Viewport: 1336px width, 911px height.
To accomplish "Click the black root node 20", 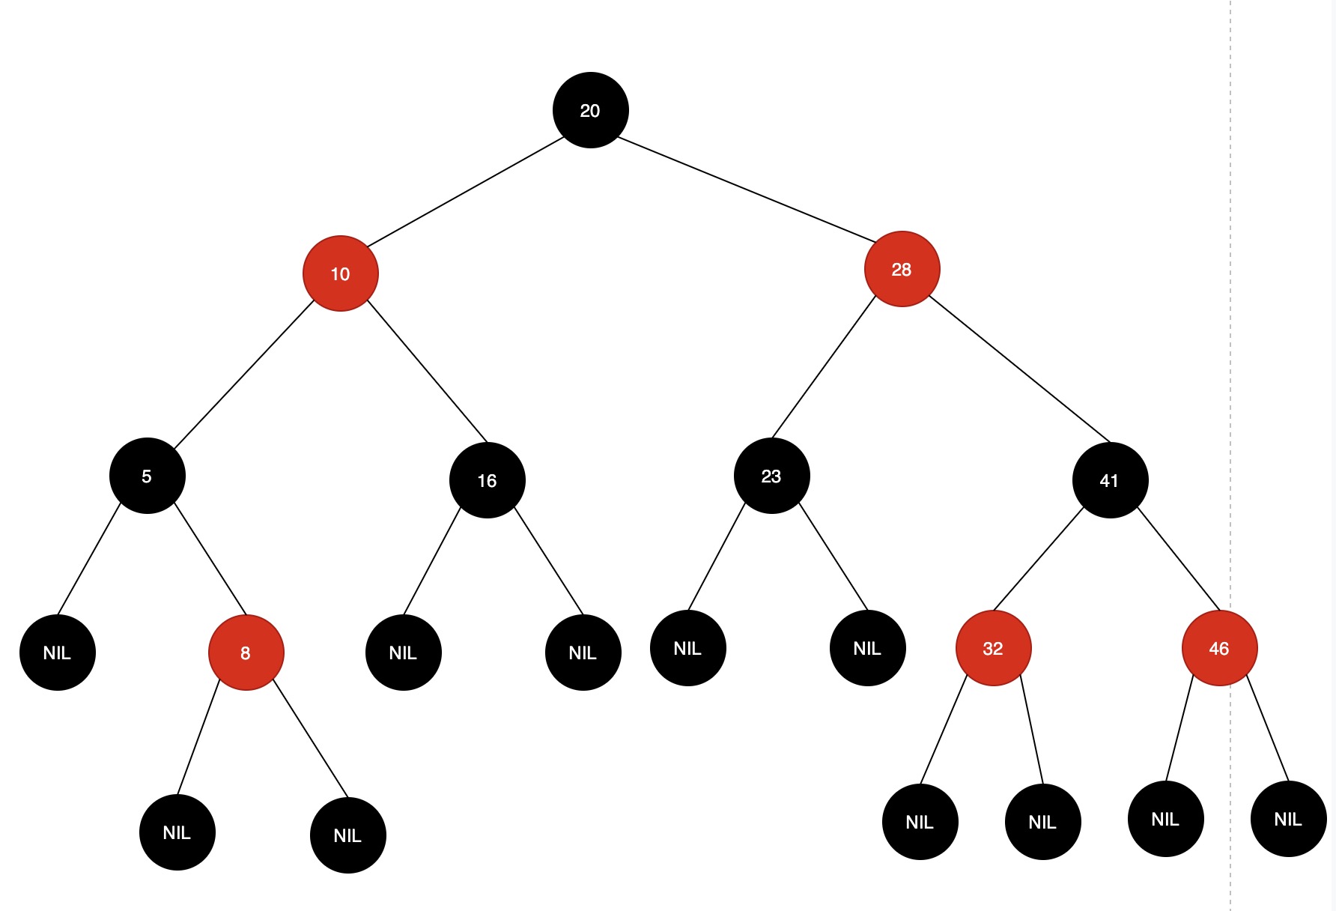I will (x=590, y=110).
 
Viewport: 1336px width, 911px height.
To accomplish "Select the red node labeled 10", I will (x=340, y=273).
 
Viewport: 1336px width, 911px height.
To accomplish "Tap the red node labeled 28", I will (x=902, y=269).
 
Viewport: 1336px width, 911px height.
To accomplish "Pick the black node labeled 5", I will (x=147, y=476).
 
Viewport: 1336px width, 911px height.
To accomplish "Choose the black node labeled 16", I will (x=487, y=480).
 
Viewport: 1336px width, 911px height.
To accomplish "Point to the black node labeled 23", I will (x=771, y=476).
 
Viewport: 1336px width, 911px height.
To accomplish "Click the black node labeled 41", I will (x=1110, y=480).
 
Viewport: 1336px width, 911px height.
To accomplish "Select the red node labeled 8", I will (x=246, y=653).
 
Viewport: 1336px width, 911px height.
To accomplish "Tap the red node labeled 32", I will (x=993, y=648).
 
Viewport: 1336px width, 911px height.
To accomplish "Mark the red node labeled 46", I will (x=1219, y=648).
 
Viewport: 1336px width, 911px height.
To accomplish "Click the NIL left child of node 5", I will (x=57, y=653).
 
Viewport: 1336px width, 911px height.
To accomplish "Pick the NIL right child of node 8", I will (x=347, y=835).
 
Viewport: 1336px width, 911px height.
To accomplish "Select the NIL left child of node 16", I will (x=403, y=653).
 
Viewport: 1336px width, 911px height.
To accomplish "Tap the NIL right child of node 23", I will (x=867, y=648).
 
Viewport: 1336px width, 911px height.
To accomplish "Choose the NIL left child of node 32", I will (x=920, y=822).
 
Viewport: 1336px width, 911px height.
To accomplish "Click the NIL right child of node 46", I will (x=1288, y=819).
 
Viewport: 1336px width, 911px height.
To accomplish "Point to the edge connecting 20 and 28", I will (x=746, y=190).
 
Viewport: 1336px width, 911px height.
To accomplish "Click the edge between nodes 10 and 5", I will (x=243, y=375).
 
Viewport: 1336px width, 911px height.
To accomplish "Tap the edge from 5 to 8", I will (x=210, y=558).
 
